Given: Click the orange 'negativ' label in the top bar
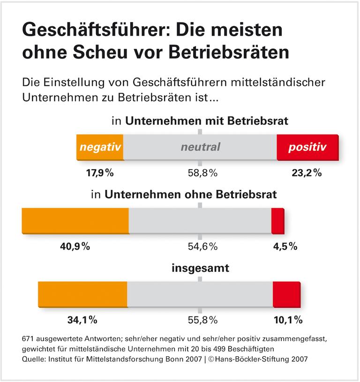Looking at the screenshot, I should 99,147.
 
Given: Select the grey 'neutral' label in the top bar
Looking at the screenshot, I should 200,147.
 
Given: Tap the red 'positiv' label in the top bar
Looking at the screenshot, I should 307,147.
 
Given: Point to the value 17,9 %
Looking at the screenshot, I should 99,172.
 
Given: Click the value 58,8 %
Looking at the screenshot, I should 200,172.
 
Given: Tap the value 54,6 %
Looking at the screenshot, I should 200,247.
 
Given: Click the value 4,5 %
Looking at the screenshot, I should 285,247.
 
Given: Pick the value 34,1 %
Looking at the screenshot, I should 82,321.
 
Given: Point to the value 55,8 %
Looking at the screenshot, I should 200,321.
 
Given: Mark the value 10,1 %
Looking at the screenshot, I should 287,321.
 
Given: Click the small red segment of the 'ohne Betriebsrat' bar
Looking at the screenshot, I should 277,219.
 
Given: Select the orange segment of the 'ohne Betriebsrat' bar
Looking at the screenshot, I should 75,219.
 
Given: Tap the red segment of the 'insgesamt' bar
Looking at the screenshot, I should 286,293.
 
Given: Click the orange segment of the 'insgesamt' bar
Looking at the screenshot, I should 82,293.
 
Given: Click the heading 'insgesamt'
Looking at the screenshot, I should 200,269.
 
